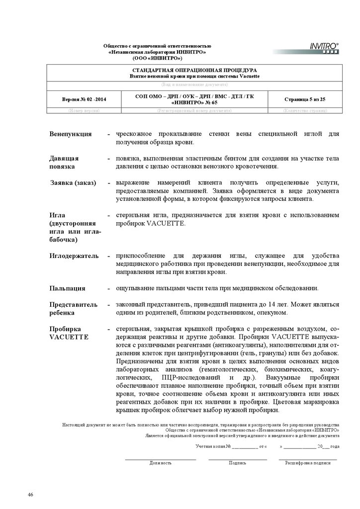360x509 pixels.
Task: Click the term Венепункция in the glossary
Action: [70, 134]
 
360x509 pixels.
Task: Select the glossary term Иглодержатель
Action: [74, 255]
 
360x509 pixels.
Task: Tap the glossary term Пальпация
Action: [67, 288]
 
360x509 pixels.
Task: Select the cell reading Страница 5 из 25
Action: [305, 99]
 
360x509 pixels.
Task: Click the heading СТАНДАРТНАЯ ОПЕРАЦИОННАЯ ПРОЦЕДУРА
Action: [194, 71]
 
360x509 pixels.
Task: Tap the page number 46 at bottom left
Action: [30, 495]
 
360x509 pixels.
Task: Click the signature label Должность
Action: [160, 462]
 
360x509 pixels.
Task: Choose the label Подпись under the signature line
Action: [237, 462]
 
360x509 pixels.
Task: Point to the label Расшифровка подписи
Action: [307, 462]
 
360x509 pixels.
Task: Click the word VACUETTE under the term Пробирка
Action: [69, 337]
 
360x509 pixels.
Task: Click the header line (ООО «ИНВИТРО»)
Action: [157, 58]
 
